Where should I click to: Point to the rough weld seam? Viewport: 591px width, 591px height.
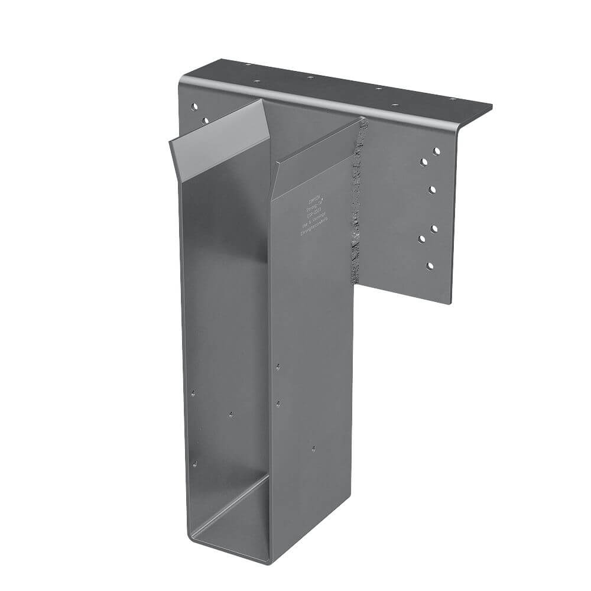357,195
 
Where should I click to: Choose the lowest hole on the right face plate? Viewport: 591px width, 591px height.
430,266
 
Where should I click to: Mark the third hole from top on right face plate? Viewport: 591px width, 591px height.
433,189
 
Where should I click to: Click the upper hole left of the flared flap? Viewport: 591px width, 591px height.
193,107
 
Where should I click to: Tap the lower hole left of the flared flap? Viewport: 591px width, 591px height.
204,121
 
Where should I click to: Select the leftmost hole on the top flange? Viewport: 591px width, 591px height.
248,66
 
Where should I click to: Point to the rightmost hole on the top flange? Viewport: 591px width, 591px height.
452,99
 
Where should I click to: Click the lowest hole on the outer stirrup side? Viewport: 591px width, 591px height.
313,449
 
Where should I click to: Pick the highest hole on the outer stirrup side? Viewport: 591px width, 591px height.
278,366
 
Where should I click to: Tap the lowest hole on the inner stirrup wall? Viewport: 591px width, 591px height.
194,464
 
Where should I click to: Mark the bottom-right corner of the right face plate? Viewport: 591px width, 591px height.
452,303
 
